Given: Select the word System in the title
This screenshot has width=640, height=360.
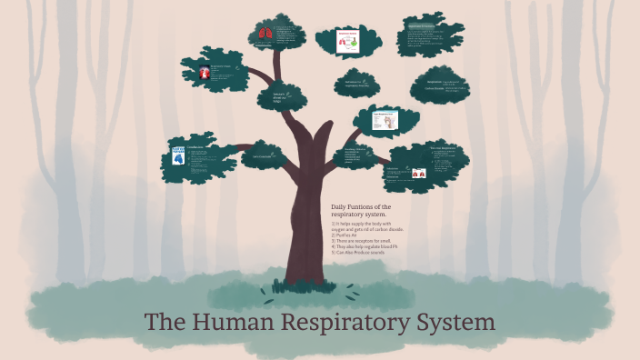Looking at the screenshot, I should [458, 323].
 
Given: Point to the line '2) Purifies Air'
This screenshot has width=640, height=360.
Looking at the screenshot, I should [350, 233].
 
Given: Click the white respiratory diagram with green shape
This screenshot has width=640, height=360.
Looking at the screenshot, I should [347, 41].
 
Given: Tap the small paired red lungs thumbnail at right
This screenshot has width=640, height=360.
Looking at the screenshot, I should [418, 172].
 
